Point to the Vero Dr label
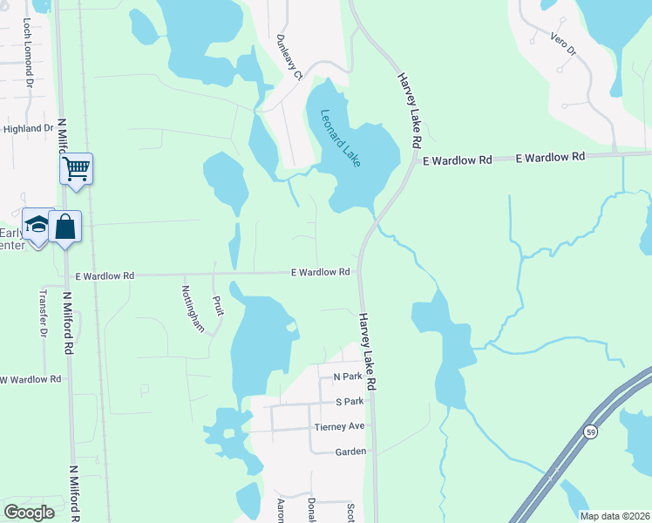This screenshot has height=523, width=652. pyautogui.click(x=564, y=44)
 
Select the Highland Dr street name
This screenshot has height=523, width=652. pyautogui.click(x=29, y=128)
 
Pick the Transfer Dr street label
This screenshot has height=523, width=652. pyautogui.click(x=42, y=314)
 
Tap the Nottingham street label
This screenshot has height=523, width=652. pyautogui.click(x=193, y=309)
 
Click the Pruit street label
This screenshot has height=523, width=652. pyautogui.click(x=218, y=306)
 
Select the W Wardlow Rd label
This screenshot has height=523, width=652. pyautogui.click(x=31, y=379)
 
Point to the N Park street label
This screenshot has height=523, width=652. pyautogui.click(x=348, y=377)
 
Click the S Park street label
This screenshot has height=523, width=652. pyautogui.click(x=349, y=402)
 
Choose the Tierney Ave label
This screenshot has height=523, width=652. pyautogui.click(x=339, y=426)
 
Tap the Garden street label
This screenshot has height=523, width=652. pyautogui.click(x=350, y=452)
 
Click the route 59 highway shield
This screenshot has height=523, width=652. pyautogui.click(x=590, y=431)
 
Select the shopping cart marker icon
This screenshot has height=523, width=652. pyautogui.click(x=77, y=167)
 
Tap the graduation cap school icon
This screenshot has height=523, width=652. pyautogui.click(x=37, y=226)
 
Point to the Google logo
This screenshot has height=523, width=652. pyautogui.click(x=30, y=512)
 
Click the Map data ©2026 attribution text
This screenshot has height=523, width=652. pyautogui.click(x=614, y=516)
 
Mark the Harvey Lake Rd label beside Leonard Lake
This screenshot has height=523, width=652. pyautogui.click(x=410, y=110)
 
